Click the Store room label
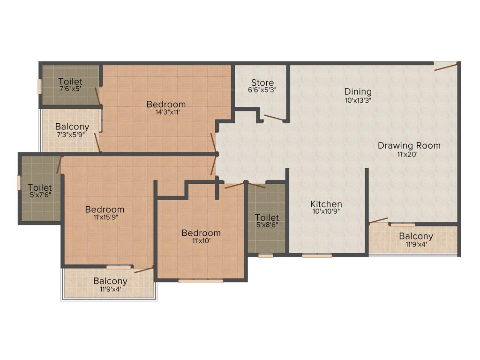click(262, 83)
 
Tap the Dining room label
click(358, 91)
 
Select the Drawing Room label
click(409, 145)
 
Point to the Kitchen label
click(326, 204)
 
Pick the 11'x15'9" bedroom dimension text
click(105, 217)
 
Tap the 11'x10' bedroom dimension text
click(201, 241)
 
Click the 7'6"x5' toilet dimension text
click(70, 89)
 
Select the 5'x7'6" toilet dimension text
click(40, 195)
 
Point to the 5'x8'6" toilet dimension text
click(267, 225)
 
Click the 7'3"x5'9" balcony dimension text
click(72, 135)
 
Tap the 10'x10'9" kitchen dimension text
click(326, 211)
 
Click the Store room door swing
click(274, 119)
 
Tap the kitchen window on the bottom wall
click(317, 256)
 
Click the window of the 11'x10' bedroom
click(201, 281)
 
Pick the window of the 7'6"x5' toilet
click(40, 87)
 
